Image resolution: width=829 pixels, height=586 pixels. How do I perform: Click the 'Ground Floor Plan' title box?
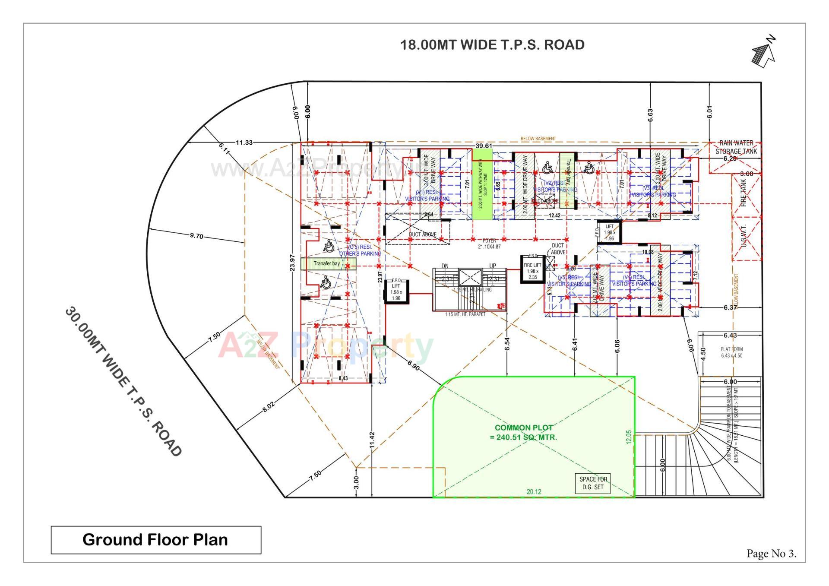point(155,540)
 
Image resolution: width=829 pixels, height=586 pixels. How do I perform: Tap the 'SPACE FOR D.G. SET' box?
point(593,483)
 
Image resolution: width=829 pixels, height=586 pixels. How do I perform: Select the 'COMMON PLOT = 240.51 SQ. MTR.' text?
point(523,432)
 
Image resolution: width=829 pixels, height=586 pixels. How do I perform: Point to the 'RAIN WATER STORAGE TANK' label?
point(736,147)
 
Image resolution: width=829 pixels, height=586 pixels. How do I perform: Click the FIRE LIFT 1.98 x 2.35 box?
point(532,270)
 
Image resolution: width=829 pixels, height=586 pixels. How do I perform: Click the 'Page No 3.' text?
point(771,554)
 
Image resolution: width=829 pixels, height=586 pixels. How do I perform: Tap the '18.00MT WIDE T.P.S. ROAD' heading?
point(492,45)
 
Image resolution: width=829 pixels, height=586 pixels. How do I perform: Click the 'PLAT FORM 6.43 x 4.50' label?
point(731,352)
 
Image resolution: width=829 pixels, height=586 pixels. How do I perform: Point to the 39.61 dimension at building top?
point(484,146)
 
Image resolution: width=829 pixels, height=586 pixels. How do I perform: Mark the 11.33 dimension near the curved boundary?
point(244,143)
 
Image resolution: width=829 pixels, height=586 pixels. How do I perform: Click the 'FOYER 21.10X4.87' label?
point(489,244)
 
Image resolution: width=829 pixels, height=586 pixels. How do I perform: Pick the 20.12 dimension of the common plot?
point(534,491)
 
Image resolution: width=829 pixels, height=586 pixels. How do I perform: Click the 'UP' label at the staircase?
point(492,266)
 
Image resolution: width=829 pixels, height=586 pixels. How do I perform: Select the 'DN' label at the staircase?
point(445,266)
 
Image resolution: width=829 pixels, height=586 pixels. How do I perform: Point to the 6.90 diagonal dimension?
point(413,366)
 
